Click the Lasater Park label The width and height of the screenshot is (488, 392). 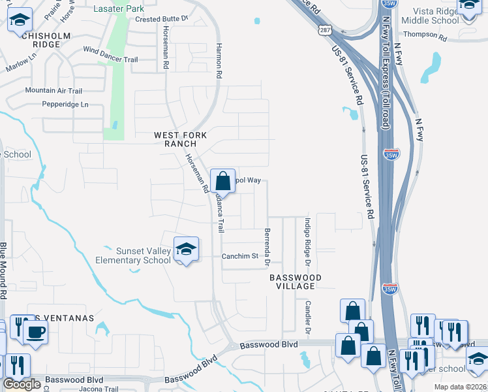[119, 8]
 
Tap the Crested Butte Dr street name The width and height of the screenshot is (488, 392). [162, 20]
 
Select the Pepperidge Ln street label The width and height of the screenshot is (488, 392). [65, 104]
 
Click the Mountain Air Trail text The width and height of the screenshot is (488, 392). [53, 91]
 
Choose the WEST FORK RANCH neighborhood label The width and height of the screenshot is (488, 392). [180, 139]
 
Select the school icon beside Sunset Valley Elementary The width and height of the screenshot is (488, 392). [186, 250]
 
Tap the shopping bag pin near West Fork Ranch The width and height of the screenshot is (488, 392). [222, 181]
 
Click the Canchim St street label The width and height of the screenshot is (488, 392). [241, 256]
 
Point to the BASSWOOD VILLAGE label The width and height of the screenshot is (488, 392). [296, 282]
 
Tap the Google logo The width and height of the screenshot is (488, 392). [22, 384]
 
